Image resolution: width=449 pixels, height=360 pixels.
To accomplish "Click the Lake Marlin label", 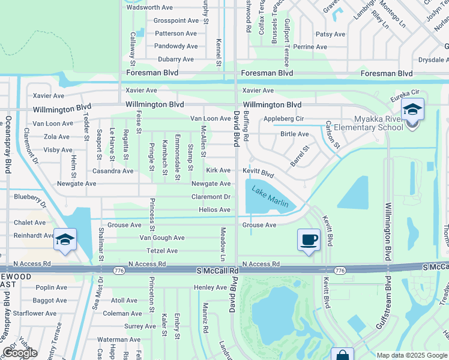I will pos(270,198).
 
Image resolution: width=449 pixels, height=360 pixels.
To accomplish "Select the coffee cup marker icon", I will pos(309,240).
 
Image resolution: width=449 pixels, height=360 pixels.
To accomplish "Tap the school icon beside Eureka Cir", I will pos(412,109).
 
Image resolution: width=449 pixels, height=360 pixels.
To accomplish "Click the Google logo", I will pos(20,353).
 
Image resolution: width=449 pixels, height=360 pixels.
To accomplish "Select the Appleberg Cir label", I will pos(284,119).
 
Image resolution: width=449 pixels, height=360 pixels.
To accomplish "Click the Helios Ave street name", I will pos(215,209).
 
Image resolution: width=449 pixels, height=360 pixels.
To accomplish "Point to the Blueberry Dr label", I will pos(29,197).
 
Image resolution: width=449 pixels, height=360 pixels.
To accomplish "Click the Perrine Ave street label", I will pos(310,46).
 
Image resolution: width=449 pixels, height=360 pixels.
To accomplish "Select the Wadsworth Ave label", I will pos(150,7).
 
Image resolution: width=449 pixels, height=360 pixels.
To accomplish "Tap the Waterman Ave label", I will pos(119,340).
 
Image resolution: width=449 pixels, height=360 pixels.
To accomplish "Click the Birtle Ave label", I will pos(295,134).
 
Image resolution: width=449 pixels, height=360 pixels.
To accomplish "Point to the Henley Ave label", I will pos(210,287).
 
